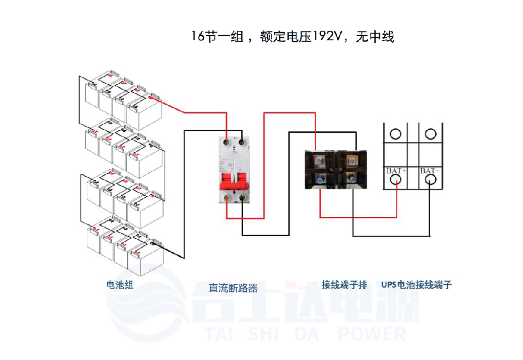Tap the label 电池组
(120, 284)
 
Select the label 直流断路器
(233, 288)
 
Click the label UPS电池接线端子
(416, 284)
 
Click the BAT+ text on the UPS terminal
(396, 171)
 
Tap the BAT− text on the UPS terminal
(430, 171)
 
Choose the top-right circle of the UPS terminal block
(430, 133)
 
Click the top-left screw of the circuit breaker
(228, 142)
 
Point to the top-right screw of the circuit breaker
(243, 142)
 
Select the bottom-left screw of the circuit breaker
(228, 198)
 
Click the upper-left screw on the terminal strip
(320, 159)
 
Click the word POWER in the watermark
(372, 334)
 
